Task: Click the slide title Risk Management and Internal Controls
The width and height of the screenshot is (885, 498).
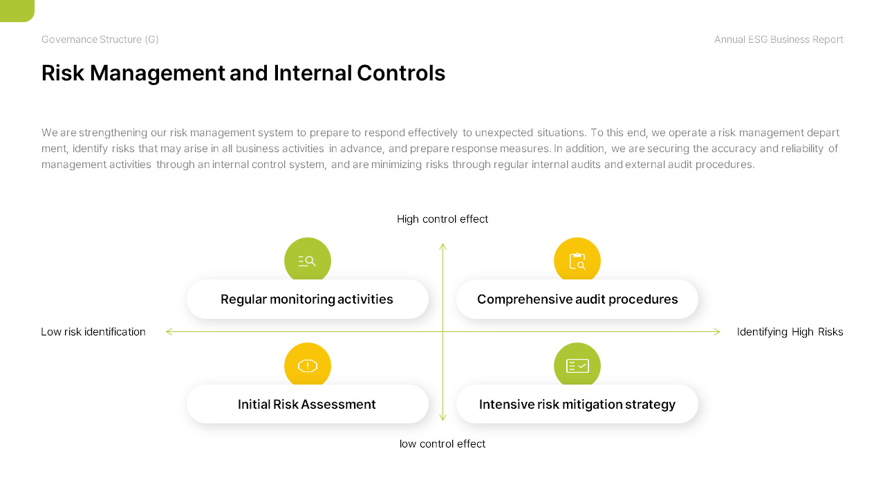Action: coord(243,73)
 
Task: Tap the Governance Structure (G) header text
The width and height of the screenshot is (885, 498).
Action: coord(100,39)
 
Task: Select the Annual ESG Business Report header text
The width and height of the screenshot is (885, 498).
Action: coord(779,39)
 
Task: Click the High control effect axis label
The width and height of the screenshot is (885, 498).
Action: coord(442,219)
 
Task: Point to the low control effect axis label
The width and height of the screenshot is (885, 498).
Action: coord(442,444)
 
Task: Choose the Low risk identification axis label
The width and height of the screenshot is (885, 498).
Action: coord(93,331)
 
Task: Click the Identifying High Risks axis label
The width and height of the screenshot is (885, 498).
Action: coord(790,332)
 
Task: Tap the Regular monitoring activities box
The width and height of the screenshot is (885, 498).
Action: coord(308,299)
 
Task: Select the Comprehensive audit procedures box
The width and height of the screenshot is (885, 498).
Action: coord(577,299)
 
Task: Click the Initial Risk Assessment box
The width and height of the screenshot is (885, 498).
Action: coord(308,405)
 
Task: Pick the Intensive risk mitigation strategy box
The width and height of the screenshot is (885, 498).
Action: coord(577,405)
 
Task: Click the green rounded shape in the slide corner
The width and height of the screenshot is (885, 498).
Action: coord(17,10)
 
